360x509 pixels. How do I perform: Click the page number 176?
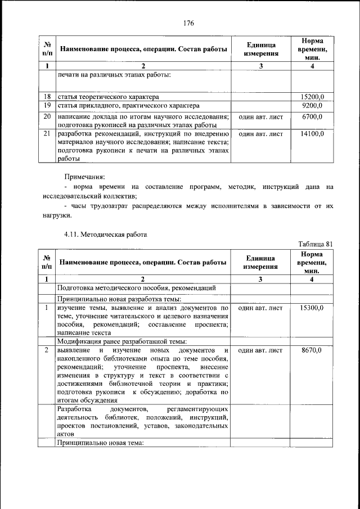(x=188, y=23)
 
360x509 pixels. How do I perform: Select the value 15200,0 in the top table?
(x=312, y=97)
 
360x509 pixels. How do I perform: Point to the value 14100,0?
(x=312, y=134)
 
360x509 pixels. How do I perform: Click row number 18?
(x=47, y=97)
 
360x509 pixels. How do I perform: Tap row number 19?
(x=47, y=105)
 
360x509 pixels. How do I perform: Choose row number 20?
(x=47, y=116)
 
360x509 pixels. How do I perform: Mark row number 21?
(x=47, y=134)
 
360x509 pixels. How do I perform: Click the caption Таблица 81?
(x=316, y=244)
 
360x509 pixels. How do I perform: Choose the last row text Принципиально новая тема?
(x=101, y=443)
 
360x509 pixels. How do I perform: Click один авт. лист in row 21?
(x=260, y=134)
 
